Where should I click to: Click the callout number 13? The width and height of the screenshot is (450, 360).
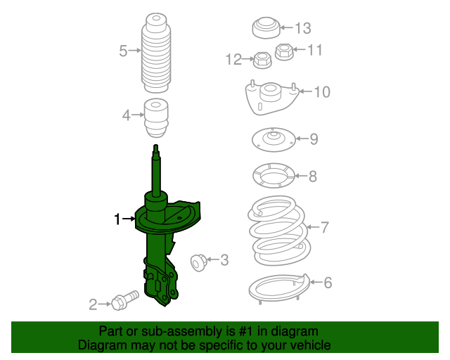pos(303,28)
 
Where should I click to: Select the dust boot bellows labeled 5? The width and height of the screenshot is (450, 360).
pos(156,53)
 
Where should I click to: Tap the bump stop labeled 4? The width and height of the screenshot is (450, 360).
pos(156,118)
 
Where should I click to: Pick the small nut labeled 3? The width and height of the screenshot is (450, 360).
pos(198,262)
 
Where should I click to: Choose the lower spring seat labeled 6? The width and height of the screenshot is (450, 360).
pos(279,288)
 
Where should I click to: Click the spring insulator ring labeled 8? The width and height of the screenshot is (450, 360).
pos(274,175)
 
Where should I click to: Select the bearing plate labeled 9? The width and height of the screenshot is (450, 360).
pos(274,140)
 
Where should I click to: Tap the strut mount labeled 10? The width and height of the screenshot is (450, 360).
pos(271,97)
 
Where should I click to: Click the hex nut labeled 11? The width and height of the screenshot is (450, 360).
pos(284,51)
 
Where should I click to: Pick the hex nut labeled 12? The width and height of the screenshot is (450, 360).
pos(262,60)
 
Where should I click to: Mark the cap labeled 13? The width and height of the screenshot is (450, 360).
pos(266,27)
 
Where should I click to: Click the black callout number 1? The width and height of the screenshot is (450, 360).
pos(117,219)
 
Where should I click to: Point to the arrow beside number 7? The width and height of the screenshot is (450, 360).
pos(313,227)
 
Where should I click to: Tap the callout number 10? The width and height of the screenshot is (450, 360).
pos(322,92)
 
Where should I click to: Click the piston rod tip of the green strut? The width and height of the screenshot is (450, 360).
pos(156,146)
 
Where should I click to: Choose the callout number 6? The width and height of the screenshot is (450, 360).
pos(328,283)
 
